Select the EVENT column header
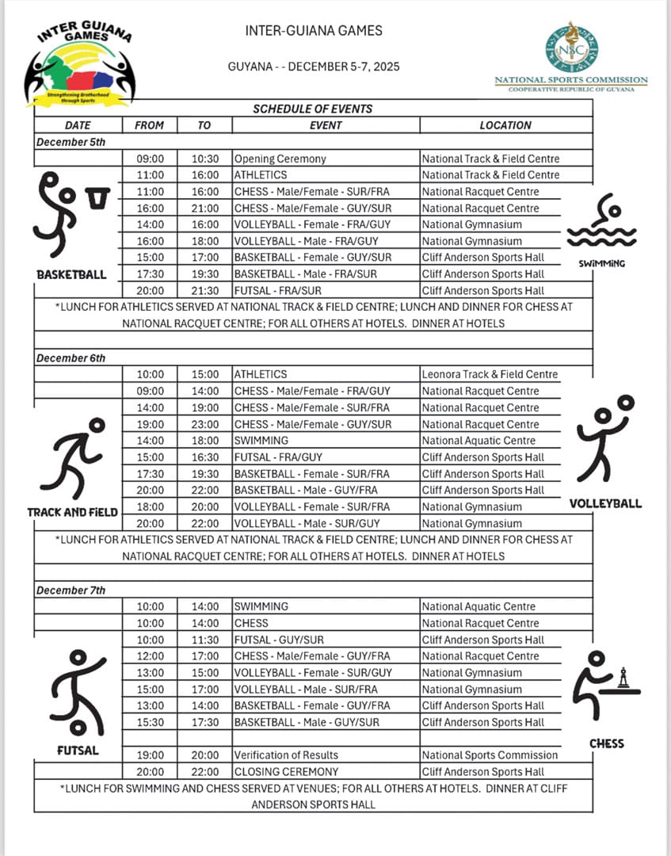click(326, 125)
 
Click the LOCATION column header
click(505, 125)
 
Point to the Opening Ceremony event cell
click(269, 159)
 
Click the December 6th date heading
click(71, 358)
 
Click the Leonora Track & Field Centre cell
click(490, 374)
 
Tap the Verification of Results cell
click(286, 755)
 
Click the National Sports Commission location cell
click(490, 755)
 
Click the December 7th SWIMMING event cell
click(261, 606)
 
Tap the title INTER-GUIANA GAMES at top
click(314, 31)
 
